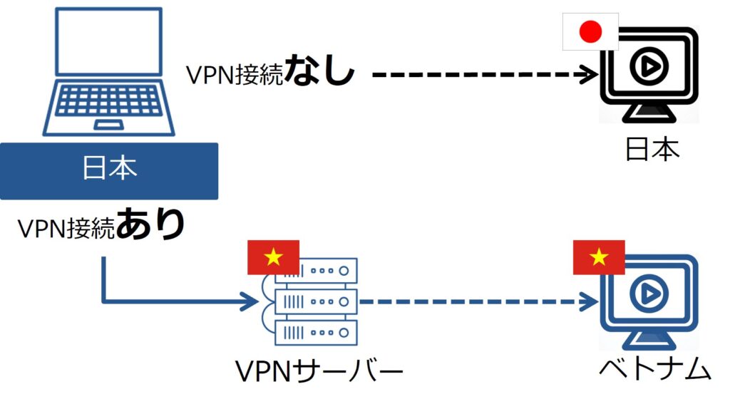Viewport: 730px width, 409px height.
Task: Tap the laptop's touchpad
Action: (x=108, y=125)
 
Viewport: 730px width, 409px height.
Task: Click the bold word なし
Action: (x=319, y=74)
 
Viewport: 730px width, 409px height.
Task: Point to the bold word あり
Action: (x=150, y=225)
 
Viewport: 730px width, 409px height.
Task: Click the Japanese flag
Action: (x=590, y=32)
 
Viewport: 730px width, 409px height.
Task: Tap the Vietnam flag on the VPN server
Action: (x=273, y=258)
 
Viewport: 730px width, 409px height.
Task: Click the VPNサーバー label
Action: (x=319, y=371)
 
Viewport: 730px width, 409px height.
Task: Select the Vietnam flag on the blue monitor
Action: (x=599, y=257)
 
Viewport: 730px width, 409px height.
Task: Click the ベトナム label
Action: (x=654, y=369)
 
